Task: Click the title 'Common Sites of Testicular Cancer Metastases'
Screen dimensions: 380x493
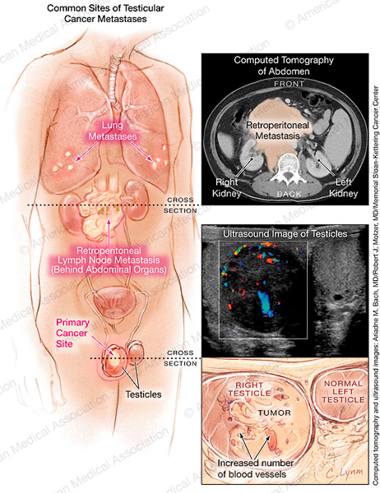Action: (105, 13)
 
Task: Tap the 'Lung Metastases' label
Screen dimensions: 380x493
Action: (113, 131)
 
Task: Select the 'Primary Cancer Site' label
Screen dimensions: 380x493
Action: (72, 333)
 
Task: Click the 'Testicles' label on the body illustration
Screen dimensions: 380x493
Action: (143, 394)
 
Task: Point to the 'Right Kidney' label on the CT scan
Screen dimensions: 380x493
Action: (227, 187)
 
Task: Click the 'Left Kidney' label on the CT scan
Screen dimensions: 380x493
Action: (344, 187)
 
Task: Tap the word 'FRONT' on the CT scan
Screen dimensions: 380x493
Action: (289, 84)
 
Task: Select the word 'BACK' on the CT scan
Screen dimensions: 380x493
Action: (289, 194)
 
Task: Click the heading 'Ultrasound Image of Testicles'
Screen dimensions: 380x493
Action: (285, 234)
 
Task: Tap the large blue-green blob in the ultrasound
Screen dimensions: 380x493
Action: (265, 304)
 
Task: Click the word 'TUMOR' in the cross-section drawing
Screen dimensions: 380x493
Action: (275, 412)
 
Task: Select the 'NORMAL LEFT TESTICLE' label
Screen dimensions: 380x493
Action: (343, 391)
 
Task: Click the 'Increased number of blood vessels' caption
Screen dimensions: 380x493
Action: (255, 468)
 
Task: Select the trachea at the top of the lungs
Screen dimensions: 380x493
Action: (112, 75)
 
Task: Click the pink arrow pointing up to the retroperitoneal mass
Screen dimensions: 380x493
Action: (109, 231)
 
